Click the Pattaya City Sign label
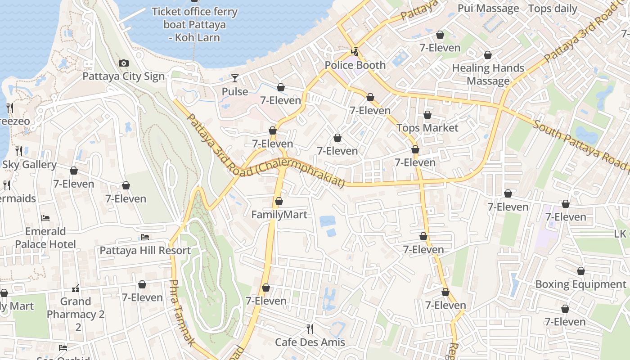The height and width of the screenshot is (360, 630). (x=123, y=76)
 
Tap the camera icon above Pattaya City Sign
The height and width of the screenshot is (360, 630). (x=123, y=63)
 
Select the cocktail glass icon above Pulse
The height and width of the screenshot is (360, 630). (x=235, y=79)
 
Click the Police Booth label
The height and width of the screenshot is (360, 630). (x=355, y=65)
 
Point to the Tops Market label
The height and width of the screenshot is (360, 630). (x=427, y=128)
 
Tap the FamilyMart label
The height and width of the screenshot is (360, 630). (x=279, y=215)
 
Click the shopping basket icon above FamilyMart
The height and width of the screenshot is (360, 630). (x=279, y=201)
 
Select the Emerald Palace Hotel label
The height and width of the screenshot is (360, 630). (x=45, y=238)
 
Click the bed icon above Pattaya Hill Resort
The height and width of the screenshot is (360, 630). (x=145, y=237)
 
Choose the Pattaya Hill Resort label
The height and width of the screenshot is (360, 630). (x=145, y=251)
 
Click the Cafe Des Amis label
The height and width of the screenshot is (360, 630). (x=310, y=342)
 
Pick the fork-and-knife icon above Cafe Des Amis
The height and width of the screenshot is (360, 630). (x=310, y=329)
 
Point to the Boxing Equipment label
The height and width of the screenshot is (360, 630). (x=580, y=284)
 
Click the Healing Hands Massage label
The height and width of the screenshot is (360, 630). (x=488, y=75)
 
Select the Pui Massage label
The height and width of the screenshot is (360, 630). (x=488, y=9)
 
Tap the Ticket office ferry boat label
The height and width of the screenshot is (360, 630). (x=195, y=24)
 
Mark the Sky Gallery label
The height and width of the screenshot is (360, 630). (x=29, y=165)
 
